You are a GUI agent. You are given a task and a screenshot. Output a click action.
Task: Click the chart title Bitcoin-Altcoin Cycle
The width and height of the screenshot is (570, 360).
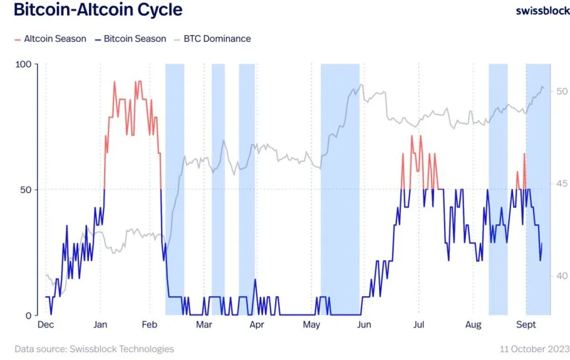click(97, 11)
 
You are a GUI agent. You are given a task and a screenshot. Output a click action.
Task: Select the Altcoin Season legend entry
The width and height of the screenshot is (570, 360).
click(50, 38)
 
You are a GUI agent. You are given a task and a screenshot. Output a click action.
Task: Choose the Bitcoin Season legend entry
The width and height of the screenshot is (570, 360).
click(131, 38)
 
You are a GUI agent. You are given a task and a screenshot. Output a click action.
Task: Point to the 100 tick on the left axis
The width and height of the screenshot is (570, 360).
click(24, 64)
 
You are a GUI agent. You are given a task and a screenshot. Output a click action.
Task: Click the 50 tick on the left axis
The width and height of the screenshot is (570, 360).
click(26, 190)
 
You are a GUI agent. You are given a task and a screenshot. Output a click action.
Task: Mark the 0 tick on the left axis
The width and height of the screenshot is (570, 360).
click(28, 316)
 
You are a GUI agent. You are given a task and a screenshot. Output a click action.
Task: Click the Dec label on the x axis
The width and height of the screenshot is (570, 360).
click(45, 325)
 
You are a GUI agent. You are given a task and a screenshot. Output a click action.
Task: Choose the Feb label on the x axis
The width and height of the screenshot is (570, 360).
click(148, 325)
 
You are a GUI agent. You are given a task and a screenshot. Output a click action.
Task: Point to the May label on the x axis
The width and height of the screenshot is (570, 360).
click(311, 325)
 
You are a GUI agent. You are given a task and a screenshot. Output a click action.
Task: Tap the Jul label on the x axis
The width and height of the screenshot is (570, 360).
click(418, 325)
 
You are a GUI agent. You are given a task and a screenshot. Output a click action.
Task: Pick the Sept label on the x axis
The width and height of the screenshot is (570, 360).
click(526, 325)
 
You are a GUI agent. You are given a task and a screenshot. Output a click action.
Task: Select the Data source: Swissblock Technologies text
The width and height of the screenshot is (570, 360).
click(94, 349)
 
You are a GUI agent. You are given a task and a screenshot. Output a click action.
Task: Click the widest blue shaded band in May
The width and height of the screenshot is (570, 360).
click(340, 189)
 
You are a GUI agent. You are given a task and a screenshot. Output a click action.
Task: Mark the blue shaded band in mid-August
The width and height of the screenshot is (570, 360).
click(498, 189)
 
